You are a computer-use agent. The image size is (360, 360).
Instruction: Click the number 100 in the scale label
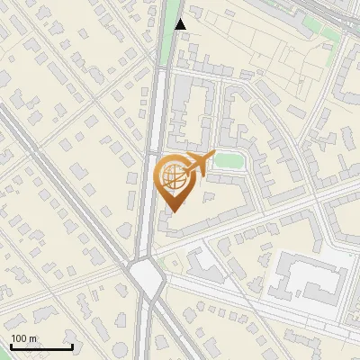click(x=19, y=338)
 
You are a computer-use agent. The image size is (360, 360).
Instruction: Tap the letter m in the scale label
click(x=33, y=338)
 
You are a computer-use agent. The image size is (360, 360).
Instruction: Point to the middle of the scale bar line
click(x=41, y=346)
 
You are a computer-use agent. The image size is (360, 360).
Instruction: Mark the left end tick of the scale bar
click(x=11, y=346)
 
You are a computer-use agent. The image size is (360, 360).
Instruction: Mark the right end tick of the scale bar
click(x=72, y=346)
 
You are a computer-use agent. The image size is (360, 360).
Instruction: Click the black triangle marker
click(x=181, y=24)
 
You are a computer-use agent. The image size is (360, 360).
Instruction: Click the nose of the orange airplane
click(x=212, y=156)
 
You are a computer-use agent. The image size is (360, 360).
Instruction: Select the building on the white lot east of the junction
click(x=205, y=263)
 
